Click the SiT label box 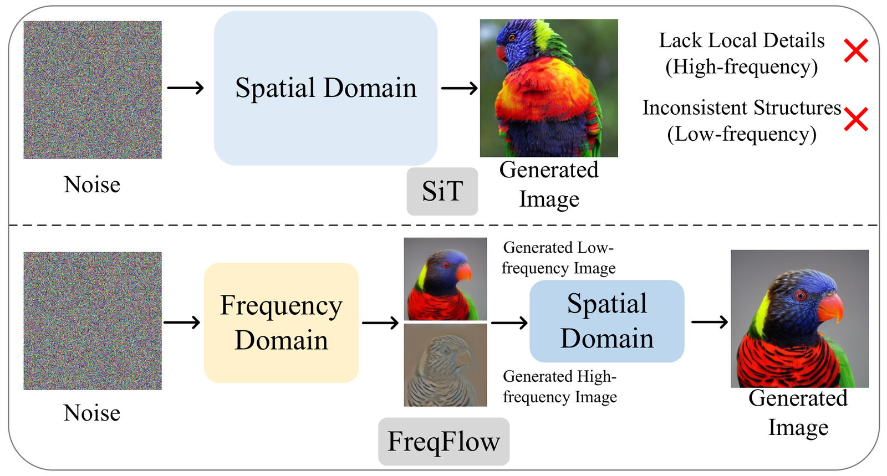(442, 192)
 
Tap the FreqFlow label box (443, 442)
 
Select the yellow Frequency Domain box (281, 323)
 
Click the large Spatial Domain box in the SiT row (325, 88)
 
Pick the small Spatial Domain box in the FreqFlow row (606, 321)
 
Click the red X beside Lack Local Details (856, 50)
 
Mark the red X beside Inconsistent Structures (856, 119)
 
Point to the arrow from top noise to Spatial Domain (185, 88)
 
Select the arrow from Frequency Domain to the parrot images (380, 323)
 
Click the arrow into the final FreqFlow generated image (710, 322)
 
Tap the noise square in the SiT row (93, 90)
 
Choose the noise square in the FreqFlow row (93, 321)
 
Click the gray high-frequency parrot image (445, 365)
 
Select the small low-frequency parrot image (445, 279)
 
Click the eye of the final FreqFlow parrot (801, 295)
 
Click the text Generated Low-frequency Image (559, 258)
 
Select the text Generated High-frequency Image (560, 387)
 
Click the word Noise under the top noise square (92, 185)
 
